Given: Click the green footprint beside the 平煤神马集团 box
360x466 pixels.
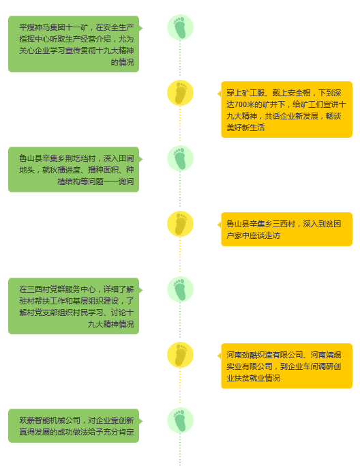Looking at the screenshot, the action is [x=180, y=27].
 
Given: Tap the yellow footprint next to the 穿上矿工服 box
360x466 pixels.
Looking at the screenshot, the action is [x=180, y=93].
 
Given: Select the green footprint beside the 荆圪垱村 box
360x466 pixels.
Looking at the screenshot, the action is [x=180, y=158].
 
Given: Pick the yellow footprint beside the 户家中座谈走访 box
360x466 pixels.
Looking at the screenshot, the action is [x=180, y=224].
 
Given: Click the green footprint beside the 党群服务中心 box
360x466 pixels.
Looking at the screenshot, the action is [x=180, y=289].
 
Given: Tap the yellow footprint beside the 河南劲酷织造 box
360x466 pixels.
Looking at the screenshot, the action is [x=180, y=355].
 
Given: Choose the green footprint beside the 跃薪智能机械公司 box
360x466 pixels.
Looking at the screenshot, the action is [x=180, y=420].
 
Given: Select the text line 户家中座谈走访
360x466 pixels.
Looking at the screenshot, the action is [x=253, y=235].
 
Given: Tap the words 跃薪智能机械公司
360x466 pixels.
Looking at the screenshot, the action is [x=50, y=420].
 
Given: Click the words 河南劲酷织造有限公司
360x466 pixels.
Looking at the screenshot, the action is [x=265, y=355].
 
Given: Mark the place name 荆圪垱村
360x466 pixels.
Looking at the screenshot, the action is [x=80, y=158].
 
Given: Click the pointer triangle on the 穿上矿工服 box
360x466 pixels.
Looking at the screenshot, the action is [x=220, y=94].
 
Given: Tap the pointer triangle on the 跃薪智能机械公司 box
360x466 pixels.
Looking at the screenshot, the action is [x=140, y=421].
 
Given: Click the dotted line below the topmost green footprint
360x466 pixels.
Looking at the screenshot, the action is [x=180, y=58].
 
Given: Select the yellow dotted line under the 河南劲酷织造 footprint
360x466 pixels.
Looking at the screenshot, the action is [x=180, y=385].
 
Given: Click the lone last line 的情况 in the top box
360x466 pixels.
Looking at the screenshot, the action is [x=122, y=62].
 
